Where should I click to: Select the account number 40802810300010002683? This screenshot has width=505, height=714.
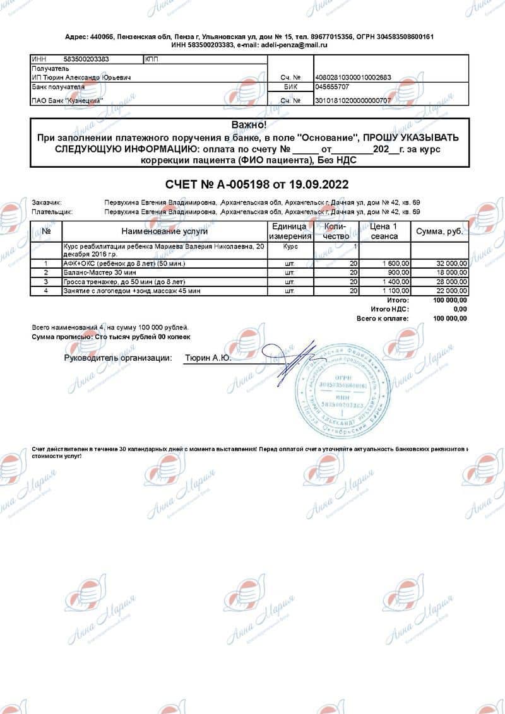click(x=353, y=78)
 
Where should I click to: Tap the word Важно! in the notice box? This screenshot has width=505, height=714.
click(x=249, y=125)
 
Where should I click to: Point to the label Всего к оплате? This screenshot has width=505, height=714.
click(x=383, y=319)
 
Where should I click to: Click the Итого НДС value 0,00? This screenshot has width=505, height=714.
click(x=460, y=310)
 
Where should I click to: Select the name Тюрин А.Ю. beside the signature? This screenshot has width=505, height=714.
click(x=207, y=358)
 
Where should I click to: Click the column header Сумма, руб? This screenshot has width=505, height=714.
click(x=439, y=231)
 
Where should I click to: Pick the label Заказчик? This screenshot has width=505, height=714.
click(x=47, y=202)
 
